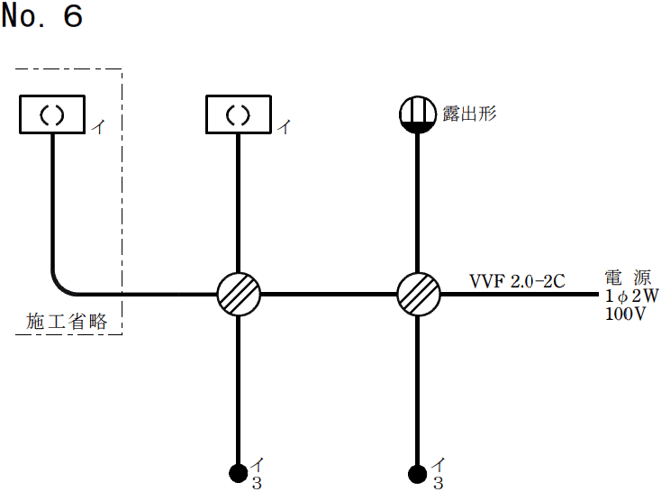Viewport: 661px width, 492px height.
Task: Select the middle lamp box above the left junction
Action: coord(238,114)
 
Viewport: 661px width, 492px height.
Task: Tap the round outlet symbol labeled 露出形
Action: coord(418,114)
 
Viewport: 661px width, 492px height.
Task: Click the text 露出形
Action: coord(469,114)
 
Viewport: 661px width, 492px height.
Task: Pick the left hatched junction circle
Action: coord(239,294)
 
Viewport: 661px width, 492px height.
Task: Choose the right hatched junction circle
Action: coord(419,294)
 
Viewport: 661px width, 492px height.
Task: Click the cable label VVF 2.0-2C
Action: coord(517,282)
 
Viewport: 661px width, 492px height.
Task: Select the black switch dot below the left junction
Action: coord(239,472)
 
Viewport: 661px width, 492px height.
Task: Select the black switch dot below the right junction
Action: coord(418,472)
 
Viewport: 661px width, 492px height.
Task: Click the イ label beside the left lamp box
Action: coord(98,127)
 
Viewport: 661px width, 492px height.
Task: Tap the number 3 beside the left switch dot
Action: coord(258,483)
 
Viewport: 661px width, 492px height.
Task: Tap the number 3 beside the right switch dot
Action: coord(439,483)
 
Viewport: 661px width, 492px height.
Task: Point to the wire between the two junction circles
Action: coord(329,294)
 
